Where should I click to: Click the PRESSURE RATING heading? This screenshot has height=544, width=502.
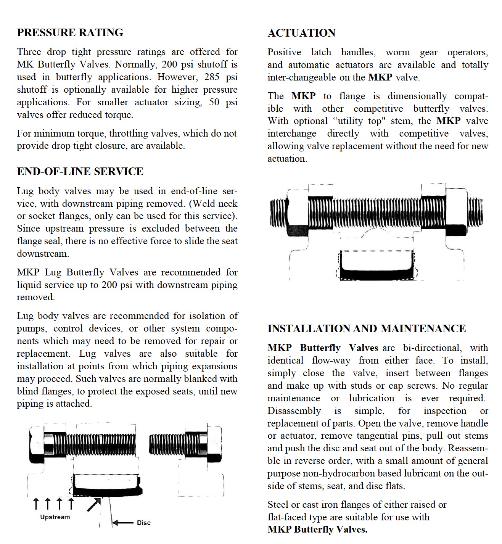pyautogui.click(x=70, y=33)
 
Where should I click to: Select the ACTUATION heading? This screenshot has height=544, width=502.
pyautogui.click(x=301, y=33)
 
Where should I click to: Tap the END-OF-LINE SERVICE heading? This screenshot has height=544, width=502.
pyautogui.click(x=80, y=172)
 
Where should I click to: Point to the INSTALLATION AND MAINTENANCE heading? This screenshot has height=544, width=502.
pyautogui.click(x=367, y=329)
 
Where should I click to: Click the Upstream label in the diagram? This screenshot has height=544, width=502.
pyautogui.click(x=55, y=517)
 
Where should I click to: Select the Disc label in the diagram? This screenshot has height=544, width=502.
pyautogui.click(x=143, y=523)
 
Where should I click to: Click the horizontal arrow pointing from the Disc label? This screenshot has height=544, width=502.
pyautogui.click(x=123, y=523)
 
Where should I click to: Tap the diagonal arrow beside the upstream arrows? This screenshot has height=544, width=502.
pyautogui.click(x=93, y=504)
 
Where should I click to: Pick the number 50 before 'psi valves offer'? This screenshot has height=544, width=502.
pyautogui.click(x=214, y=102)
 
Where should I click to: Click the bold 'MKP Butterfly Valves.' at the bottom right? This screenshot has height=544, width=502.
pyautogui.click(x=317, y=530)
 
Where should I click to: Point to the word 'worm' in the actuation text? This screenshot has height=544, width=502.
pyautogui.click(x=397, y=52)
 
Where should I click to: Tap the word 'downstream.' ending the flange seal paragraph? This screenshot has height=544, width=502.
pyautogui.click(x=43, y=254)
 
